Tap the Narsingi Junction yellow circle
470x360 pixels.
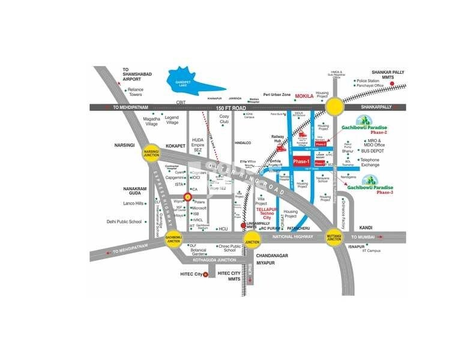click(x=151, y=153)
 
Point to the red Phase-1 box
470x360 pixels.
click(x=301, y=161)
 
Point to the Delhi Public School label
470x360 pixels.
click(x=124, y=221)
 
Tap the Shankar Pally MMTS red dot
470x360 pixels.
click(x=391, y=83)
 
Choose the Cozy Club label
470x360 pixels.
click(x=224, y=119)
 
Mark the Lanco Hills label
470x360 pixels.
click(x=134, y=203)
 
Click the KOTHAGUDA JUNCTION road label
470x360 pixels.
click(x=215, y=260)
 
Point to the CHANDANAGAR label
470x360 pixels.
click(x=273, y=256)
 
